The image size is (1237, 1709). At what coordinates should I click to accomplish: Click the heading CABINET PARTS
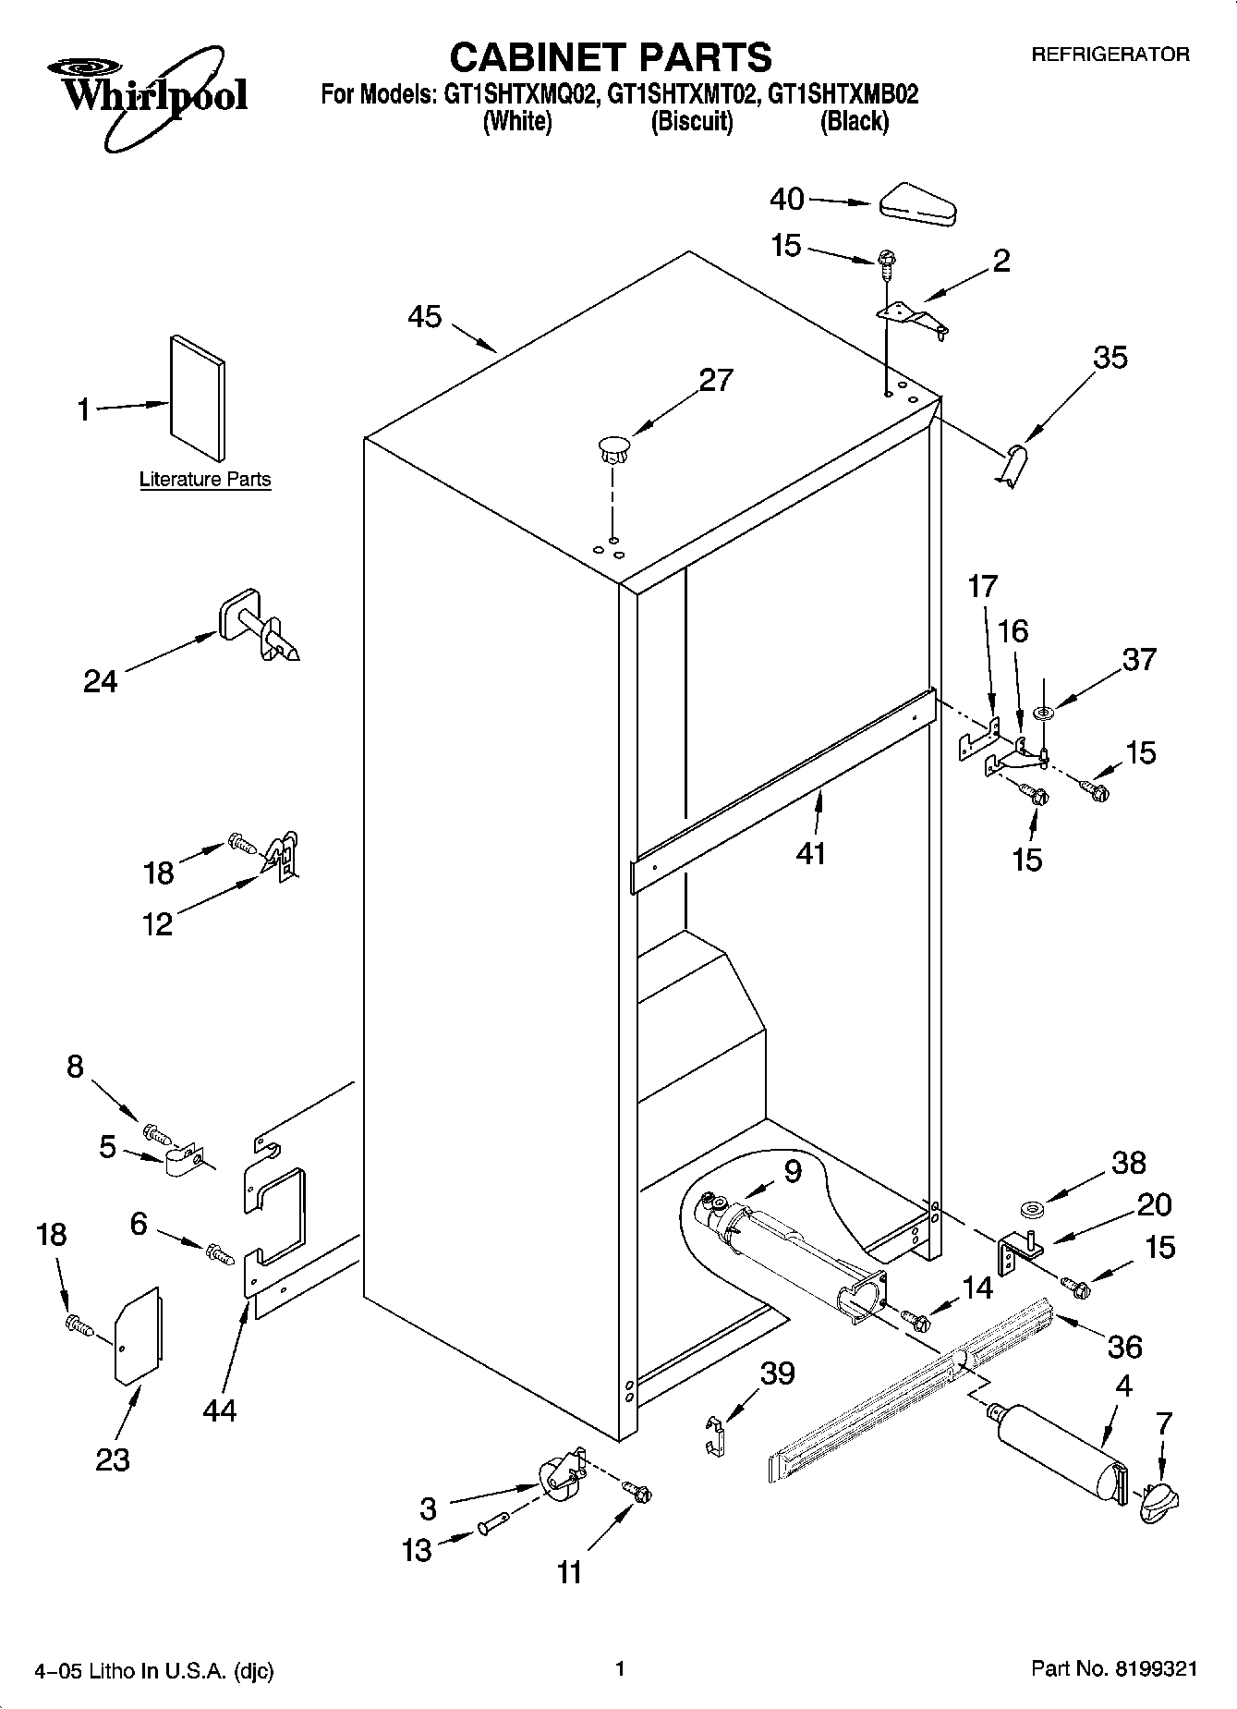(610, 57)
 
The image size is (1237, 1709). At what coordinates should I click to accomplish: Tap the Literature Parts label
(205, 479)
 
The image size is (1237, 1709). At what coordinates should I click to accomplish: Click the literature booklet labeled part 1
(196, 397)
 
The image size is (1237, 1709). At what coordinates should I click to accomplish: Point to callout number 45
(425, 317)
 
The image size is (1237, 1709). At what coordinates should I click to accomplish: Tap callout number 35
(1110, 357)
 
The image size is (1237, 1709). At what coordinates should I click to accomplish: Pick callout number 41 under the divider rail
(810, 852)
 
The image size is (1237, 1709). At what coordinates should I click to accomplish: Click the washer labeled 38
(1032, 1207)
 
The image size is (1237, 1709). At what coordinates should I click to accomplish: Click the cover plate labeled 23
(137, 1336)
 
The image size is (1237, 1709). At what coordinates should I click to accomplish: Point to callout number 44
(221, 1410)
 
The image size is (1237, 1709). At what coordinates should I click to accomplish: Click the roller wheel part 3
(559, 1476)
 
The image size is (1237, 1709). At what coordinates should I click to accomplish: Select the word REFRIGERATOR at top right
(1110, 55)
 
